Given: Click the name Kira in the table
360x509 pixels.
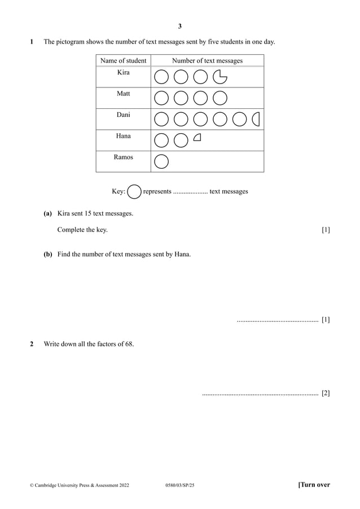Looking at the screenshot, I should tap(123, 73).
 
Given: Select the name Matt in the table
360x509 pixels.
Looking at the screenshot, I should tap(123, 94).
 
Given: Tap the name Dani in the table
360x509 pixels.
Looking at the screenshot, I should tap(123, 115).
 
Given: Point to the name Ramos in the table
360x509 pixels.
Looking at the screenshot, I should tap(123, 157).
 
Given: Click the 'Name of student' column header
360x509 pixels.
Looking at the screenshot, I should tap(123, 60).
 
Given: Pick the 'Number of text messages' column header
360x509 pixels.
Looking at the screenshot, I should tap(207, 60).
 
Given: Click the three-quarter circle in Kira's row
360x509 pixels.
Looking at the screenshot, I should tap(220, 76).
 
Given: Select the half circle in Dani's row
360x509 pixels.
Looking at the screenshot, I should tap(256, 119).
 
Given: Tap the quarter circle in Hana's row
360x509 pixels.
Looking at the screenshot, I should tap(197, 137).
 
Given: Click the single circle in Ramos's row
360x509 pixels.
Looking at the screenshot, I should tap(161, 161).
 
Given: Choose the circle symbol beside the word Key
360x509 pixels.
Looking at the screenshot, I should tap(134, 192).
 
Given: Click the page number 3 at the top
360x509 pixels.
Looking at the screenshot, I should tap(180, 26).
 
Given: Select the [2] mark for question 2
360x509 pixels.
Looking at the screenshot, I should tap(326, 393).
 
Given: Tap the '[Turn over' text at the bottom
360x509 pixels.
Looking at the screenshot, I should tap(314, 485).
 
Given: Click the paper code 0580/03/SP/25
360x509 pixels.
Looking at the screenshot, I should tap(179, 485).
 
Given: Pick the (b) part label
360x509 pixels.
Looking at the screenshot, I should tap(48, 254).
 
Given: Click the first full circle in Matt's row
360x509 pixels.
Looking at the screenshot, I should tap(161, 98).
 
